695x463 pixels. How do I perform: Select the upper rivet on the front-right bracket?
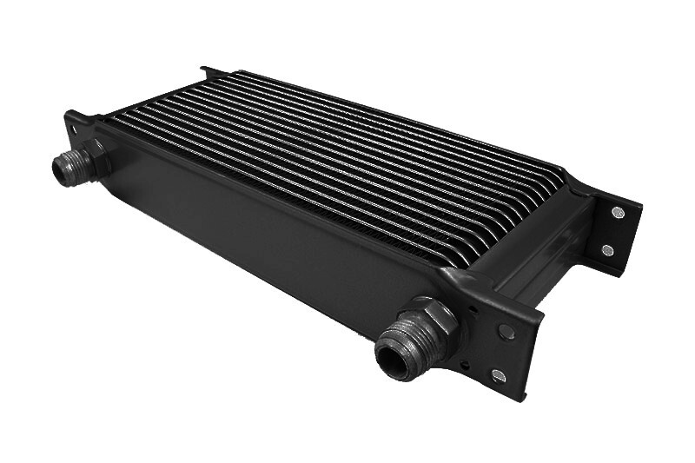tap(506, 332)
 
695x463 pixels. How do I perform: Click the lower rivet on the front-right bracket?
tap(498, 375)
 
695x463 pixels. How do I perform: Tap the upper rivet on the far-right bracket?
tap(617, 212)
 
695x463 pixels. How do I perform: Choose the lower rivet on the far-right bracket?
tap(607, 250)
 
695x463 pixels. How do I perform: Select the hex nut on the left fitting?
tap(94, 158)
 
